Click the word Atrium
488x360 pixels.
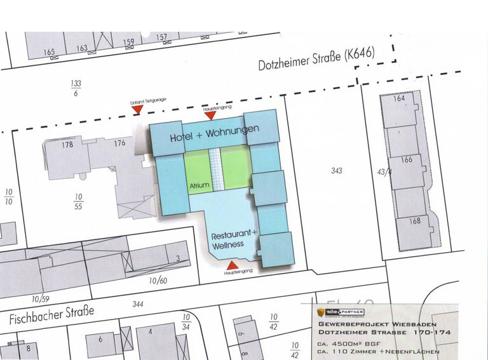pos(199,186)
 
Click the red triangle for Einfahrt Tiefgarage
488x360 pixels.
pos(137,110)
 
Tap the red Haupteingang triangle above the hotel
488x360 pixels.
pos(210,116)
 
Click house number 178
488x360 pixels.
pos(67,144)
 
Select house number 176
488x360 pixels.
pos(119,143)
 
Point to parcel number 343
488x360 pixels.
pos(337,170)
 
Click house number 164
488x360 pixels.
pos(399,99)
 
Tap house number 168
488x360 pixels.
pos(415,222)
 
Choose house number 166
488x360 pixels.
pos(407,159)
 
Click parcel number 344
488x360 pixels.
pos(138,304)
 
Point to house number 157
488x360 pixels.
pos(161,37)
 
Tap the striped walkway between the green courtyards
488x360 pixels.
pos(215,170)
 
